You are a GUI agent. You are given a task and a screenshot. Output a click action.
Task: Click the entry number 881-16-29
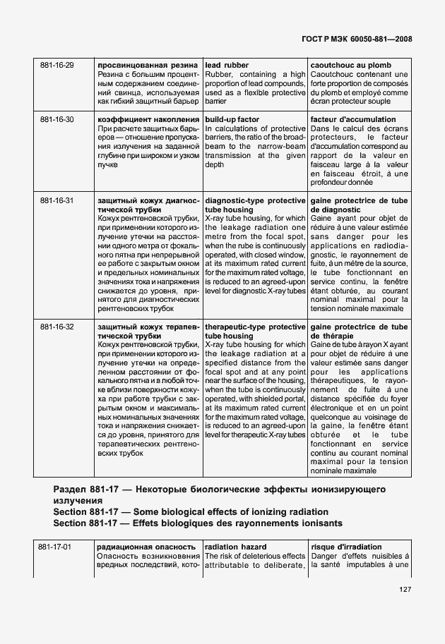tap(57, 65)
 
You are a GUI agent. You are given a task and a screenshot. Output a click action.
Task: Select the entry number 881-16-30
tap(57, 119)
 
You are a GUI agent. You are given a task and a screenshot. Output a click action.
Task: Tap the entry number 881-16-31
tap(57, 200)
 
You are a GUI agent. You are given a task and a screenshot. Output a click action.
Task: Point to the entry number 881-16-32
tap(57, 327)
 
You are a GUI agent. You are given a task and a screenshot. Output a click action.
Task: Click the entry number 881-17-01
tap(55, 547)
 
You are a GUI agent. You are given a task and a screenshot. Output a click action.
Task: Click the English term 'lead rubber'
tap(227, 65)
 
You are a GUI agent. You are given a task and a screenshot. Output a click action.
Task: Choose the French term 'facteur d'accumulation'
tap(353, 119)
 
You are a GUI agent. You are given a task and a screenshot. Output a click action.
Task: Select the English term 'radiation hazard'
tap(233, 547)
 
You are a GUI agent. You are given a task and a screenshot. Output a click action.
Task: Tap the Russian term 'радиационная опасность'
tap(146, 547)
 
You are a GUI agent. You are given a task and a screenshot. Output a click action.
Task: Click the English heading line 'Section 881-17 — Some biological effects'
tap(191, 511)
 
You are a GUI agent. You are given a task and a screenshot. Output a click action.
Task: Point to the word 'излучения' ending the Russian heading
tap(78, 500)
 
